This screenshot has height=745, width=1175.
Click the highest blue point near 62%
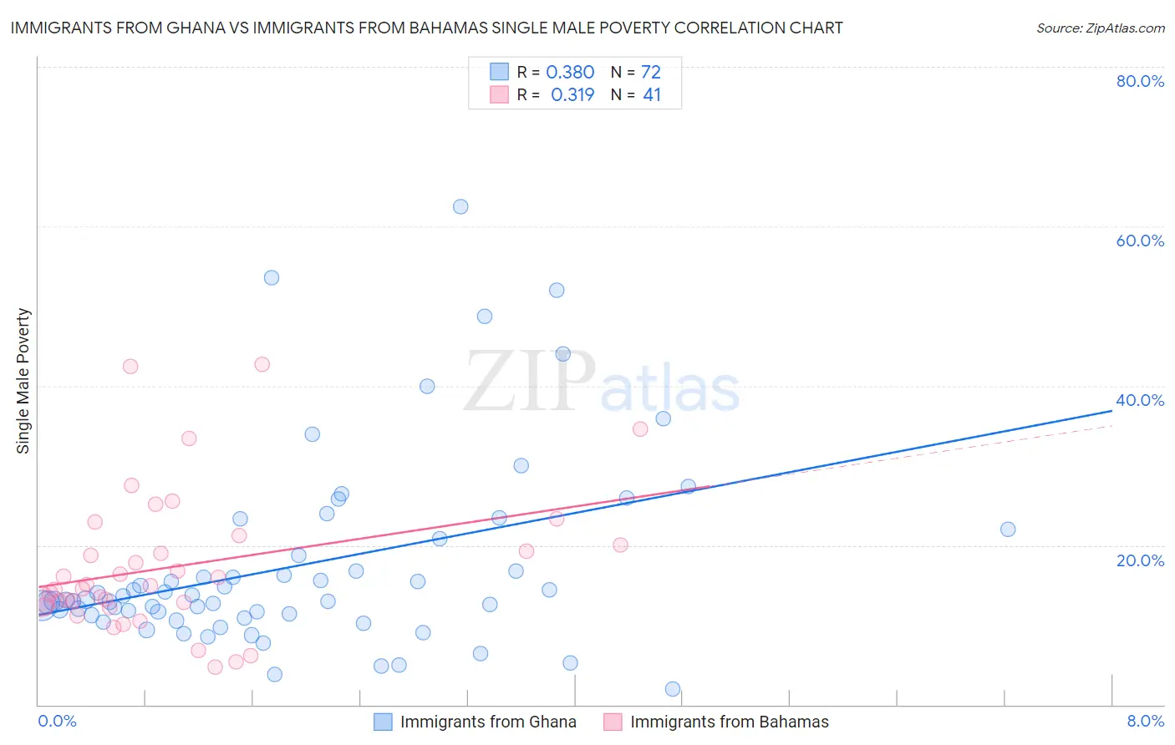460,206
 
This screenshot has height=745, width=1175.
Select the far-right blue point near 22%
1008,529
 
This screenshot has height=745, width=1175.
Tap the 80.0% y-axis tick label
1140,81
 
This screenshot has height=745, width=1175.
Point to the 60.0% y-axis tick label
1140,241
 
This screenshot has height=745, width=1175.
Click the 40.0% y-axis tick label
1140,400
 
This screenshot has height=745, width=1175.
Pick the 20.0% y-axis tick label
1140,560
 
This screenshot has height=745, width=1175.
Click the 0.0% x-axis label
57,721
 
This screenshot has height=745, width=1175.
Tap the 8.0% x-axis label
1145,721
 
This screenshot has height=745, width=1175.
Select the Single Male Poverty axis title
23,381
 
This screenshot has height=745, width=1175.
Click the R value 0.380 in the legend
570,73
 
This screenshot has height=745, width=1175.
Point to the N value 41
652,95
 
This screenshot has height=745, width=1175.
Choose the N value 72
651,73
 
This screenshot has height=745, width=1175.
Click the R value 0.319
572,95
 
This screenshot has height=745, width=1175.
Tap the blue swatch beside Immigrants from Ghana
383,722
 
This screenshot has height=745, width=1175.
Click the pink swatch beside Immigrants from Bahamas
613,722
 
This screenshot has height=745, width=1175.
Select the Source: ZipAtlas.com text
1100,28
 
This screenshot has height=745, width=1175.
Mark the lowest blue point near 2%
673,689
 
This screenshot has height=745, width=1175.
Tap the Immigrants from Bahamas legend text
730,722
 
